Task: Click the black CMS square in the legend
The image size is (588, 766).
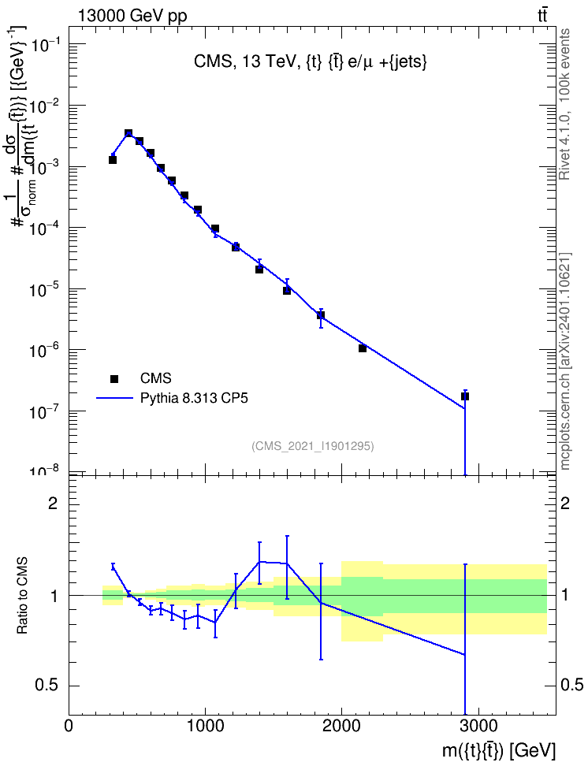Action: pyautogui.click(x=114, y=378)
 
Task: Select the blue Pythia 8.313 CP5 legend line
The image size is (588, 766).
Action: pyautogui.click(x=114, y=399)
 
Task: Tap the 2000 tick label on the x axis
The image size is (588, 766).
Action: pyautogui.click(x=341, y=726)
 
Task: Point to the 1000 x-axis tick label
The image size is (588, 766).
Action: pyautogui.click(x=205, y=726)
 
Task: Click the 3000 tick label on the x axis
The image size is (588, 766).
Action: pyautogui.click(x=478, y=726)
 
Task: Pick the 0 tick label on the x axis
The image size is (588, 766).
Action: pyautogui.click(x=69, y=726)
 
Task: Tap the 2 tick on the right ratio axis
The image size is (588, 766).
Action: pyautogui.click(x=565, y=504)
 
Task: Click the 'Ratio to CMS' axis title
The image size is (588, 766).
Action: pyautogui.click(x=23, y=596)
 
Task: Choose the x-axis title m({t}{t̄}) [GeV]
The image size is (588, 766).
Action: pyautogui.click(x=499, y=750)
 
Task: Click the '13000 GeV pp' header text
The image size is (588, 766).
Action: pyautogui.click(x=132, y=16)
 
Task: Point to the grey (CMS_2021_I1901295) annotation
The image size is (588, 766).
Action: pyautogui.click(x=313, y=446)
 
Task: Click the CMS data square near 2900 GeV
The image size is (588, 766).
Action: pyautogui.click(x=465, y=396)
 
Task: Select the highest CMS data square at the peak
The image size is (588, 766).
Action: pyautogui.click(x=128, y=133)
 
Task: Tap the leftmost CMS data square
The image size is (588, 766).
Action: pyautogui.click(x=113, y=160)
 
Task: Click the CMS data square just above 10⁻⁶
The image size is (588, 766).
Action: pyautogui.click(x=363, y=348)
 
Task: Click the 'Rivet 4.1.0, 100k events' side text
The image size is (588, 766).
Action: pyautogui.click(x=564, y=104)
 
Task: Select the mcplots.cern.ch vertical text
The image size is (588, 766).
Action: pyautogui.click(x=564, y=361)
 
